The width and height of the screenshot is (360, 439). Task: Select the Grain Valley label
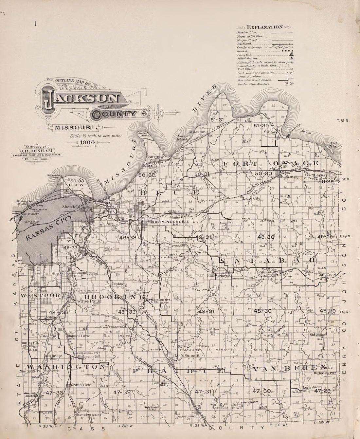tap(267, 271)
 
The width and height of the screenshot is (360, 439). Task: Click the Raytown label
tap(119, 284)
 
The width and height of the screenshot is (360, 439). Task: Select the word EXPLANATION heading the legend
tap(265, 27)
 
